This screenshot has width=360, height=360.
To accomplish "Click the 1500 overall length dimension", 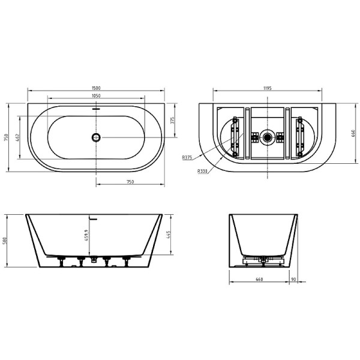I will point(96,88).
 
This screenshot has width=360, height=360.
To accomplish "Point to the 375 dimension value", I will point(173,120).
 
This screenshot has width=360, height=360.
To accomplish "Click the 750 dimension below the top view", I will point(129,181).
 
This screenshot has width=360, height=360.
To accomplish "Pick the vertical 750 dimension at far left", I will point(6,137).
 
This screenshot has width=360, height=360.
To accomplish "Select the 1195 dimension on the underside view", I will point(268,88).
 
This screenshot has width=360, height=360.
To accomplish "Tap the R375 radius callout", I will point(187,157).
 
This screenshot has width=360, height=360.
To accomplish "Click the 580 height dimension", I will point(6,240).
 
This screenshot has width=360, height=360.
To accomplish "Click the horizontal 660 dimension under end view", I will point(259,278).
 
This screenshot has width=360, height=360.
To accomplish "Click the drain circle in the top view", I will point(95,137).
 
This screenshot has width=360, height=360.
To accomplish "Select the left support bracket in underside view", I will point(235,137).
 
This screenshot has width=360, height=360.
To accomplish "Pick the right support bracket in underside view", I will point(300,137).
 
